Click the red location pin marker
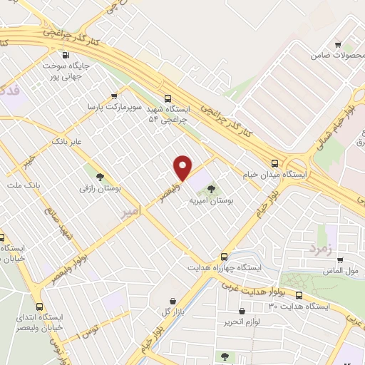point(183,168)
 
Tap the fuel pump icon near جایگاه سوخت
point(66,55)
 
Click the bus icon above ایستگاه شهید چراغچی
point(168,98)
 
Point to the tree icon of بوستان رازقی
point(99,177)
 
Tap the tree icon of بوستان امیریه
point(211,189)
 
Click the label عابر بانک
point(68,142)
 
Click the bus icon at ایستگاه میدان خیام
point(275,163)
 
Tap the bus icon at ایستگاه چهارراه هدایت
point(224,256)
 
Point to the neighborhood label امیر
point(129,212)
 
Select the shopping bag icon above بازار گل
point(173,302)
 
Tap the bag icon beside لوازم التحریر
point(242,312)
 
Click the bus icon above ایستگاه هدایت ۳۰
point(299,294)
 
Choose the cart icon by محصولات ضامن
point(338,43)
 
